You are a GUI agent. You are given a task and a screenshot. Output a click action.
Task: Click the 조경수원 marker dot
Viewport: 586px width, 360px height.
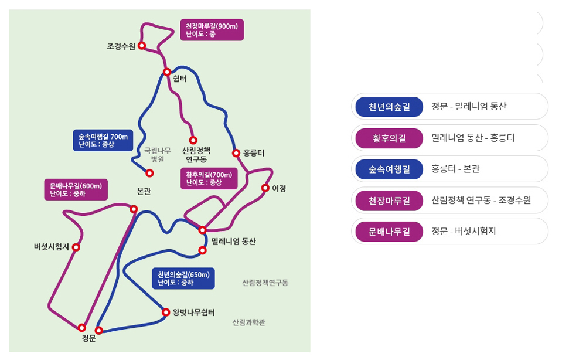click(x=141, y=46)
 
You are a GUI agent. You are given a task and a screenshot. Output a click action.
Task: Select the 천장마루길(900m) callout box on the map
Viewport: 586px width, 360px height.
click(x=212, y=30)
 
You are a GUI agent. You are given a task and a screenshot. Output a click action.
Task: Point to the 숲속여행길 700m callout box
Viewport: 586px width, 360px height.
click(x=103, y=140)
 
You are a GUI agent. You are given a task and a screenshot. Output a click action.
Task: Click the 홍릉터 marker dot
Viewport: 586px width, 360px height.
click(x=236, y=153)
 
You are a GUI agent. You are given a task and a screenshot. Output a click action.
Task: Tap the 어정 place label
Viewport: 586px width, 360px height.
click(x=279, y=188)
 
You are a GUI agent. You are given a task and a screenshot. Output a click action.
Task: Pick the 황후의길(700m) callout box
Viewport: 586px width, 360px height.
click(x=209, y=178)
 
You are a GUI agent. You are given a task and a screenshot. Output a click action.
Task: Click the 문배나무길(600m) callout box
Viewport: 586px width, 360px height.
click(x=76, y=189)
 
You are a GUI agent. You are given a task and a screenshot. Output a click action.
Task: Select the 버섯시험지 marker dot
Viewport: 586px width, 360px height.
click(x=76, y=247)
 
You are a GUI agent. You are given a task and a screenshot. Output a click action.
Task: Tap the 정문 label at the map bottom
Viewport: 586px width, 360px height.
click(x=89, y=338)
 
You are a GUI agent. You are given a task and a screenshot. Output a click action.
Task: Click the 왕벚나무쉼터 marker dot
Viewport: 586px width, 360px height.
click(x=166, y=313)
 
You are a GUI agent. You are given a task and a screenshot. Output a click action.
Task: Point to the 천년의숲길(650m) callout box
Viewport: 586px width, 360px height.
click(x=183, y=279)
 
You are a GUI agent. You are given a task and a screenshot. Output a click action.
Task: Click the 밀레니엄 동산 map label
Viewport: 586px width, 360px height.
click(x=234, y=242)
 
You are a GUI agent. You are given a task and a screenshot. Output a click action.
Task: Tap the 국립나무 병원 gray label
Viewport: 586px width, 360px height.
click(x=158, y=155)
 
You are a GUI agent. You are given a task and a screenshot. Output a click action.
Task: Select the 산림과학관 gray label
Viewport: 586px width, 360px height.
click(x=248, y=322)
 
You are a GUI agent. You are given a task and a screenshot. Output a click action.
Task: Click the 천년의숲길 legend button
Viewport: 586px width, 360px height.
click(x=389, y=107)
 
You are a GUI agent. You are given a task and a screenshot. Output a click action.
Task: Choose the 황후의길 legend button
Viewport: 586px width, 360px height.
click(x=389, y=138)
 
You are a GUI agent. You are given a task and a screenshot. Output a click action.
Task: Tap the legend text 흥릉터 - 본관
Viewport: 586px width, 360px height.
click(x=455, y=169)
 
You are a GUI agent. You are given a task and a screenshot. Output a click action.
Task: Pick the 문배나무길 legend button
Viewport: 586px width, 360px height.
click(x=389, y=231)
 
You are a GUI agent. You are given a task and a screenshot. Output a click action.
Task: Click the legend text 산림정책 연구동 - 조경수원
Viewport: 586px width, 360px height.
click(x=481, y=200)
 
